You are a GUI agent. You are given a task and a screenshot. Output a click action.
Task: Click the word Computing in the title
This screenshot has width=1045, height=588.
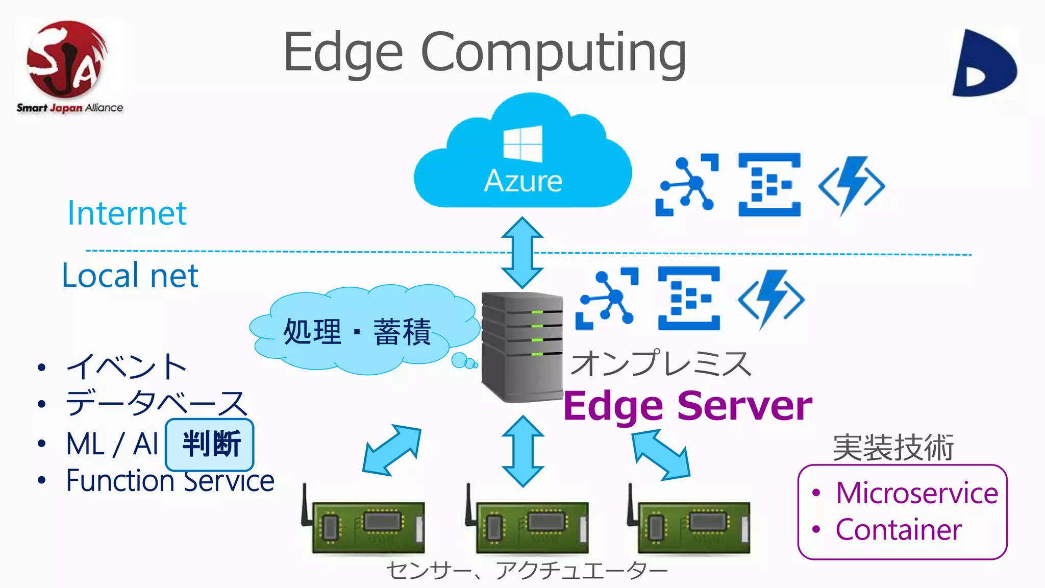[x=553, y=53]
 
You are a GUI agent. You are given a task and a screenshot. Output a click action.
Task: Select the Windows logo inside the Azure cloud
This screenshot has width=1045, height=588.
[x=522, y=144]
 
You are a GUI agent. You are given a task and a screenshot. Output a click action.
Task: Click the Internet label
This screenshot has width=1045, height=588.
[x=127, y=213]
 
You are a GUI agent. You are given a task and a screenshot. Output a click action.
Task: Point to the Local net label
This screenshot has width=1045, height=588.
[x=130, y=276]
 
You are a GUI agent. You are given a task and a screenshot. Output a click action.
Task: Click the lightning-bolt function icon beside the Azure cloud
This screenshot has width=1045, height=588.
[x=851, y=185]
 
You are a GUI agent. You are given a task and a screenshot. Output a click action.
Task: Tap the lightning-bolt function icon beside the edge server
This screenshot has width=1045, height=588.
[x=771, y=299]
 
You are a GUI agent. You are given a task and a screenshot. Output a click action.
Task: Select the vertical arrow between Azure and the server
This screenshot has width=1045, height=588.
[x=522, y=253]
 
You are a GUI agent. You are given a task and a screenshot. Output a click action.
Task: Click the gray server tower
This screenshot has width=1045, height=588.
[x=521, y=347]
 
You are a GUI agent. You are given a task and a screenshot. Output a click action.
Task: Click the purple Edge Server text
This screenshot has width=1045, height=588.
[x=687, y=406]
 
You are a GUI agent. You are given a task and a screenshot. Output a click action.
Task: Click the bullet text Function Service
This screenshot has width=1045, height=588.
[x=170, y=481]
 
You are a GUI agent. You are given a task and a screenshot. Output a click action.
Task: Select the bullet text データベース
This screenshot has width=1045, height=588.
[x=156, y=403]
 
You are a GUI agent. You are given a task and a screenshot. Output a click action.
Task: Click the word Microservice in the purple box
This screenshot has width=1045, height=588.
[x=916, y=493]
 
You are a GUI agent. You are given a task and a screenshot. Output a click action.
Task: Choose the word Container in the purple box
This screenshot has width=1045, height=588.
[x=898, y=530]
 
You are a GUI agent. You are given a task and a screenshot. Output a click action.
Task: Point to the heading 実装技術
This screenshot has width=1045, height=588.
[x=893, y=448]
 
